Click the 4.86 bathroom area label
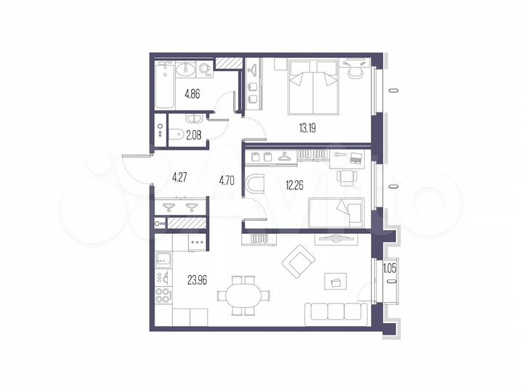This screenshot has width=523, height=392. pyautogui.click(x=192, y=94)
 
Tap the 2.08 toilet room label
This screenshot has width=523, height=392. pyautogui.click(x=192, y=134)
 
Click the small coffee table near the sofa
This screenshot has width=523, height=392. pyautogui.click(x=335, y=281)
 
